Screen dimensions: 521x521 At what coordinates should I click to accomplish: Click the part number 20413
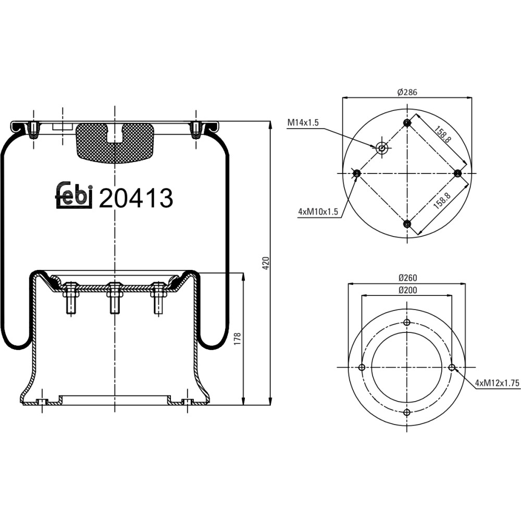click(136, 198)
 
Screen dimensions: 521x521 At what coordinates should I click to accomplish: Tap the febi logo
click(74, 195)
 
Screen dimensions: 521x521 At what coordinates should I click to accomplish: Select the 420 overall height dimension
click(266, 263)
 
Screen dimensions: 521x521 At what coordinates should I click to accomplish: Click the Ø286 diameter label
click(407, 92)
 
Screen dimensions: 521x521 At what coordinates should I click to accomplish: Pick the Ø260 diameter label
click(407, 278)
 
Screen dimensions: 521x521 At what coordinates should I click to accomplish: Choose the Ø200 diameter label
click(407, 290)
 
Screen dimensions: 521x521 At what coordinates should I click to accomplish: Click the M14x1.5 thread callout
click(303, 122)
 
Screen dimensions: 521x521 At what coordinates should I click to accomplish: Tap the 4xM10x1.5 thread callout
click(318, 212)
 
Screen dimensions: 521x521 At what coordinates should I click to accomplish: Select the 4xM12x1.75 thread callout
click(497, 383)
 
